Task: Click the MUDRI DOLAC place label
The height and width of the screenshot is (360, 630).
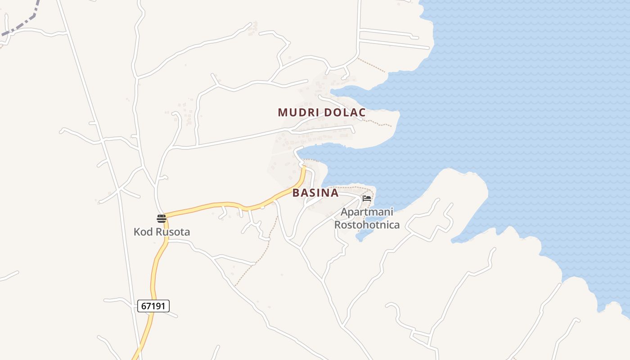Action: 322,112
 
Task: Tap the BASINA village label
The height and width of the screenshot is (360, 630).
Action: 315,193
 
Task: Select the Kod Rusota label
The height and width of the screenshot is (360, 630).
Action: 162,232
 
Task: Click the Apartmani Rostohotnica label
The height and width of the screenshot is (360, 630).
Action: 367,218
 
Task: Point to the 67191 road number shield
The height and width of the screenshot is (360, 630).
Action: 153,306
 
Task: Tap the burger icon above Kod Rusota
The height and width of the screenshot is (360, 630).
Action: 161,219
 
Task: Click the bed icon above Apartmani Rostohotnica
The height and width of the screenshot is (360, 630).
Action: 367,198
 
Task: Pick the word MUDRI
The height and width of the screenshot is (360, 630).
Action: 297,112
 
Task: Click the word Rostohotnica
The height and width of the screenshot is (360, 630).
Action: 367,225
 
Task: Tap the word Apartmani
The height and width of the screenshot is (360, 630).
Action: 367,212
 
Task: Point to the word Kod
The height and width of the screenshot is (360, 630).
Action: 143,232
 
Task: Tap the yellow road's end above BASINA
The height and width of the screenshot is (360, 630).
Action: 304,169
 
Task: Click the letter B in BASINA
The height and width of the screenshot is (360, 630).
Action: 296,193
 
